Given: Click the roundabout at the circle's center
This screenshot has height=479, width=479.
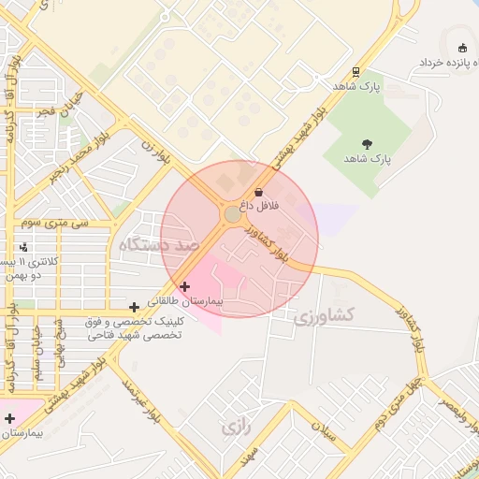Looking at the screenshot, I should click(232, 215).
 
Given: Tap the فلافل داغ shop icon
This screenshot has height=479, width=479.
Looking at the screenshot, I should click(258, 191).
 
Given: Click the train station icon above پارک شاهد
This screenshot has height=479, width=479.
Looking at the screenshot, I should click(356, 72).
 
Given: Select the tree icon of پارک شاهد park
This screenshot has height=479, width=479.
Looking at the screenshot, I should click(366, 145).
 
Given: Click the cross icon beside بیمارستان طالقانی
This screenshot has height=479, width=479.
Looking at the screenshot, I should click(184, 286).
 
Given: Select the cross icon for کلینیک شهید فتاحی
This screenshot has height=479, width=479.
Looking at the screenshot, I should click(135, 307).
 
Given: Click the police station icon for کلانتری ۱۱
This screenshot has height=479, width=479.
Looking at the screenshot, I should click(23, 247).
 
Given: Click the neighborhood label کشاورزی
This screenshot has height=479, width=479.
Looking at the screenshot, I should click(324, 316).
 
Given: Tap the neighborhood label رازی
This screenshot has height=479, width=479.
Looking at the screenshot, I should click(235, 428).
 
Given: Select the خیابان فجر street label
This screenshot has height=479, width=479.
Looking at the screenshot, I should click(59, 111).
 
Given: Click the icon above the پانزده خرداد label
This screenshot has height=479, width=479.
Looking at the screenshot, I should click(461, 48).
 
